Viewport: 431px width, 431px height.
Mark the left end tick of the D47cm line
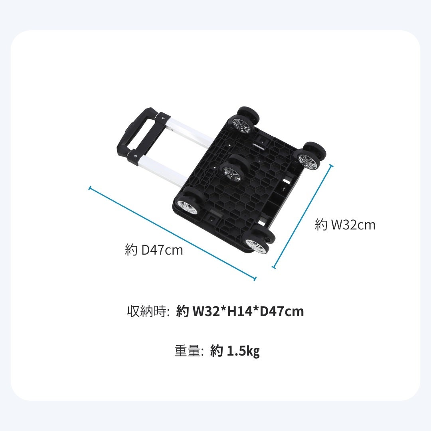[x=90, y=187]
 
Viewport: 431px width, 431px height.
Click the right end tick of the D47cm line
[x=254, y=279]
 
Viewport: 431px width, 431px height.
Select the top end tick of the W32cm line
[x=331, y=165]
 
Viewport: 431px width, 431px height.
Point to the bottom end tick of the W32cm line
[x=274, y=267]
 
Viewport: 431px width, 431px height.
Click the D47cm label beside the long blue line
[x=154, y=251]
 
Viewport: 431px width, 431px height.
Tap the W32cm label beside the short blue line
[x=345, y=225]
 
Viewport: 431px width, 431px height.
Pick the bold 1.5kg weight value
[x=243, y=352]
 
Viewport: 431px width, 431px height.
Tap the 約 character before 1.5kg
[x=216, y=351]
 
